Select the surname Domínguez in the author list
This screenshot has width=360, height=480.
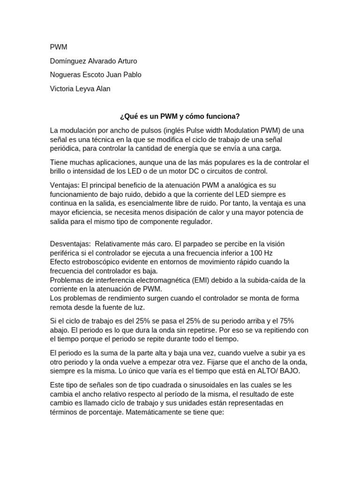tap(67, 61)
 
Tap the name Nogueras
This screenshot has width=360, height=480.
tap(66, 75)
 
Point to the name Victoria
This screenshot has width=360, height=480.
tap(62, 89)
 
